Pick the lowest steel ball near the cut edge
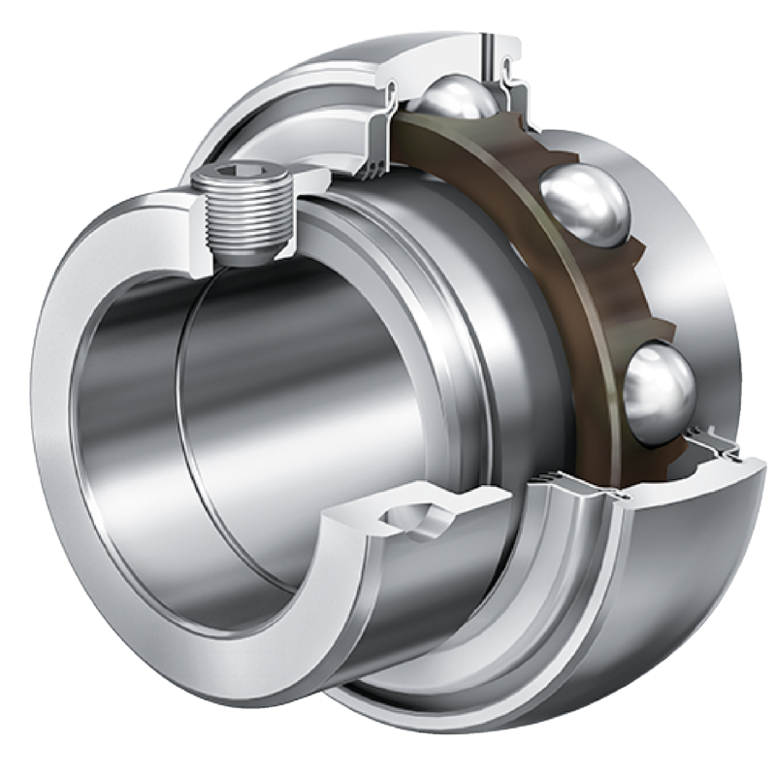659,387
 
